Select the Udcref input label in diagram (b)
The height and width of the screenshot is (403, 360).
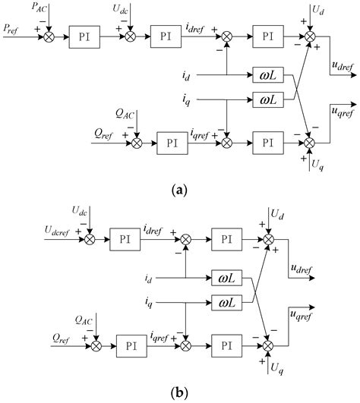coord(35,228)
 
